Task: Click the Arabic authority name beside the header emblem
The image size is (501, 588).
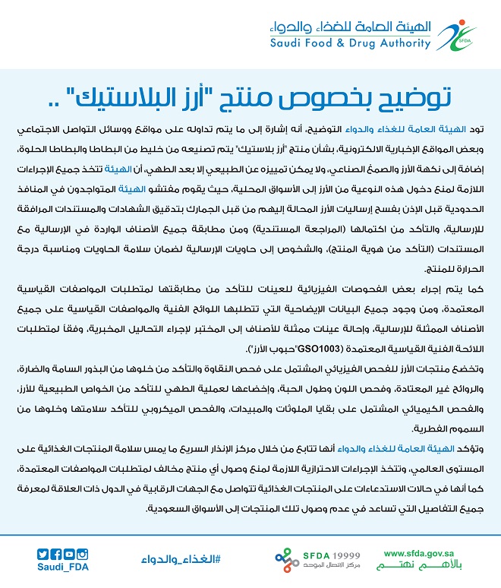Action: [x=349, y=27]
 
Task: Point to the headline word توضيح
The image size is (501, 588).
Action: [x=410, y=96]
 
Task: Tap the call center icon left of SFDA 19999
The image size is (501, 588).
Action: [x=289, y=560]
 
